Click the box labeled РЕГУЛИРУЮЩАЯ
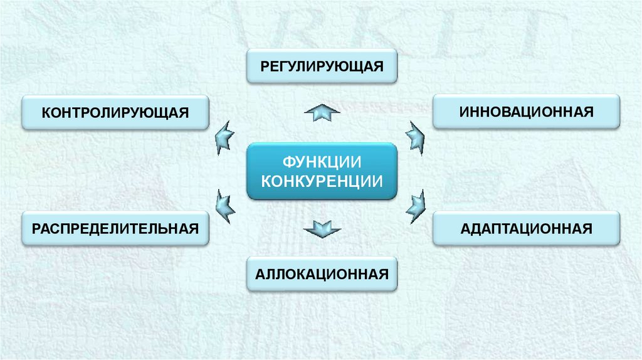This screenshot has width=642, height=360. tap(322, 66)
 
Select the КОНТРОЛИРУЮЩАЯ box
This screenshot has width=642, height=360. tap(115, 112)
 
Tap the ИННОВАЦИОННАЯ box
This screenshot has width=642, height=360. tap(526, 112)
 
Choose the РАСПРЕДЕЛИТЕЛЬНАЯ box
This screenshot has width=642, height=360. tap(115, 228)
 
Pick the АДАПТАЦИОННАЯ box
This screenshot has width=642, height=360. tap(526, 228)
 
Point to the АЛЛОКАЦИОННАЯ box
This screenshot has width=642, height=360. tap(322, 273)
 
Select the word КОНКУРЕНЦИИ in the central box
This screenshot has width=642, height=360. tap(322, 181)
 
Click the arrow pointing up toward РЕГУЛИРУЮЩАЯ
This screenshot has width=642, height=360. tap(322, 113)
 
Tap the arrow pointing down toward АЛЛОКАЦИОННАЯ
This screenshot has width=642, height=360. tap(322, 228)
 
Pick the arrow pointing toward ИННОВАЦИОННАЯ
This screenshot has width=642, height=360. tap(415, 136)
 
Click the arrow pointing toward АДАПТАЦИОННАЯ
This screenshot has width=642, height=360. tap(415, 205)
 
